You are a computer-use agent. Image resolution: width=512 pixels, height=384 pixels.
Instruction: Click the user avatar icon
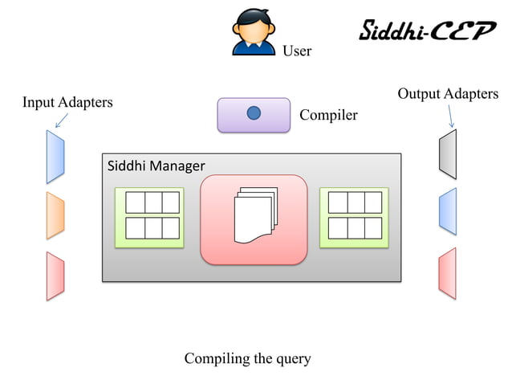click(254, 32)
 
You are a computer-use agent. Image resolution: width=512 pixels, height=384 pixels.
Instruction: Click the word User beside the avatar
click(296, 51)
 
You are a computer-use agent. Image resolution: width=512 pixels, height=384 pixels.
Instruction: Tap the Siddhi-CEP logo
click(426, 31)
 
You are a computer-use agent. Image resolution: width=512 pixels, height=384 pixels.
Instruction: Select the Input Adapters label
click(67, 103)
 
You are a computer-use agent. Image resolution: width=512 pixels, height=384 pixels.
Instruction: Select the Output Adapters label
click(448, 94)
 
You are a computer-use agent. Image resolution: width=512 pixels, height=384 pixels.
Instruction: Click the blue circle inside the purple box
click(254, 113)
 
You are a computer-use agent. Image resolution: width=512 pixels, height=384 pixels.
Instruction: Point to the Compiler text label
click(328, 116)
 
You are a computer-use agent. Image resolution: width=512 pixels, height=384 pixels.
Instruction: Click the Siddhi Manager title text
click(156, 166)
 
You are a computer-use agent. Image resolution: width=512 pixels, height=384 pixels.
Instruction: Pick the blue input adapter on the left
click(55, 157)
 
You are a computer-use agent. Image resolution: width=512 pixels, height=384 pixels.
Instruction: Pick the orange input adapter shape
click(55, 215)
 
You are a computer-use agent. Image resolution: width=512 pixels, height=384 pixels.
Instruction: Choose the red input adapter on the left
click(55, 276)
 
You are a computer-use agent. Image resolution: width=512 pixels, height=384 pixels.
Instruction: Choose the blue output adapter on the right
click(447, 211)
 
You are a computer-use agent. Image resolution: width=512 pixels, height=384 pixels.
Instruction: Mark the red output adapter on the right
click(447, 272)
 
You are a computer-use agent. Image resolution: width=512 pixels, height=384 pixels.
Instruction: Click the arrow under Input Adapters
click(60, 121)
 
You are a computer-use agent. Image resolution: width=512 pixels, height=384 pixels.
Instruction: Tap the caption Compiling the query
click(247, 358)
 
